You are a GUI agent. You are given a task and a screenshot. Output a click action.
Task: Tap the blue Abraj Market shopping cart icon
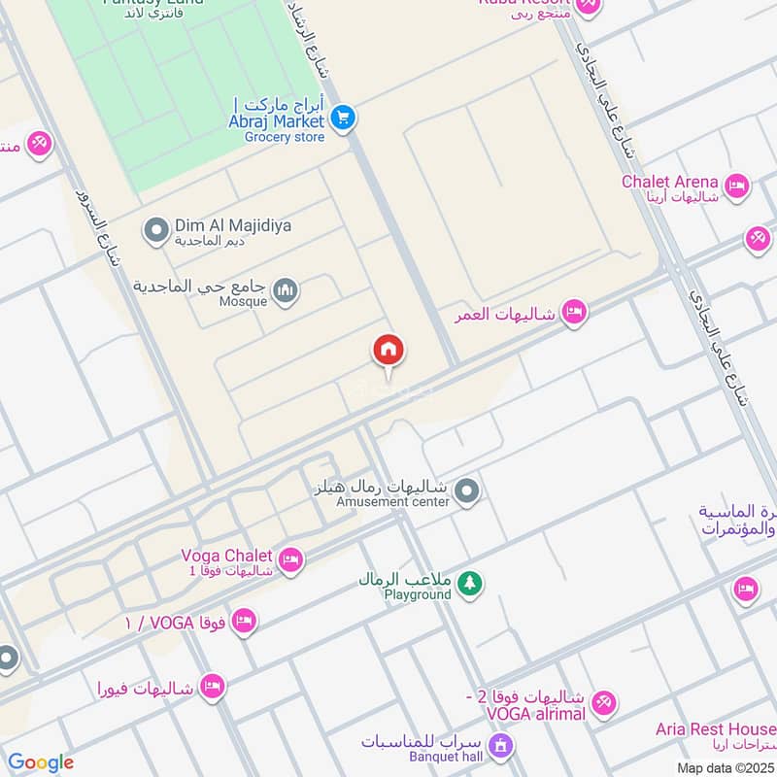(x=342, y=118)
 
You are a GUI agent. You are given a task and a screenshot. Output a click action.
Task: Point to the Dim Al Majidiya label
(x=233, y=225)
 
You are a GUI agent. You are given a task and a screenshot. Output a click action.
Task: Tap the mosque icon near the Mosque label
(x=286, y=290)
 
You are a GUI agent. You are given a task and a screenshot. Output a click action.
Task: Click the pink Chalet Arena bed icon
(x=737, y=186)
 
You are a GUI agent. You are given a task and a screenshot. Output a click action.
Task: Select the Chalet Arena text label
(x=670, y=182)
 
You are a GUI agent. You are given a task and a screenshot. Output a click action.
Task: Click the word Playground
(x=418, y=594)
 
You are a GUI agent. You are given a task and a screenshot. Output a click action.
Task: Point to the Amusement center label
(x=392, y=502)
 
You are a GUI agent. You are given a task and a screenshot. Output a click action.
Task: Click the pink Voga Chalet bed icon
(x=289, y=560)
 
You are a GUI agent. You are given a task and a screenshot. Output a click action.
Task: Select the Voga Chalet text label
(x=226, y=556)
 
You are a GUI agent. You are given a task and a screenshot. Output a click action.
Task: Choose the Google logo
(x=40, y=762)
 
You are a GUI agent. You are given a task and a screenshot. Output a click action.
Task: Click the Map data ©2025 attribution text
(x=725, y=767)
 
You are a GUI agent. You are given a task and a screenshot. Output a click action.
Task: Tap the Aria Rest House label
(x=716, y=729)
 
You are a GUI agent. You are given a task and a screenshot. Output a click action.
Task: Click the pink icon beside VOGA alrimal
(x=604, y=703)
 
